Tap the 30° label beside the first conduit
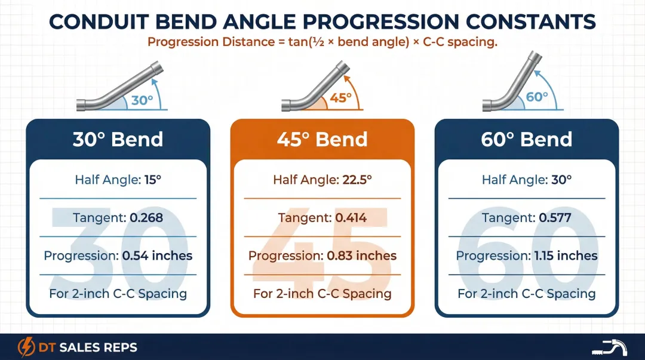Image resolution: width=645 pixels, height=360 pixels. click(x=142, y=100)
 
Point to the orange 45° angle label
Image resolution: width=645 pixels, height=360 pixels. click(x=340, y=98)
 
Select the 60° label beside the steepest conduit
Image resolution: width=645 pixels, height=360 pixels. click(x=537, y=97)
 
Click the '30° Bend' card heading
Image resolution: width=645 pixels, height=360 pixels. click(x=118, y=139)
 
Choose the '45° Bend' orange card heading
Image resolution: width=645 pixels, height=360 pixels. click(x=322, y=139)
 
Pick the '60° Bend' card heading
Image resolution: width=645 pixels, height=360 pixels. click(x=527, y=139)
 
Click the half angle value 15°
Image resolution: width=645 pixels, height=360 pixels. click(x=153, y=180)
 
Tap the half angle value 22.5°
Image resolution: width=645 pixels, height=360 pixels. click(x=356, y=180)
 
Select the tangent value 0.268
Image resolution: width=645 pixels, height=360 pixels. click(x=146, y=218)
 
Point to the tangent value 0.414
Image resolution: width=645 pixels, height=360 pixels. click(x=351, y=218)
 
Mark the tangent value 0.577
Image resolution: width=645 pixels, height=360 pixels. click(x=555, y=218)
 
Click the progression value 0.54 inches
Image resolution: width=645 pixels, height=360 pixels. click(x=157, y=256)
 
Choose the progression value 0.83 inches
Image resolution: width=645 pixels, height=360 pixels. click(x=361, y=256)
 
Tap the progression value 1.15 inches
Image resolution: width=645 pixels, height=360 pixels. click(x=566, y=256)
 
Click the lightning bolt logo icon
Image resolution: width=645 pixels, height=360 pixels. click(x=26, y=347)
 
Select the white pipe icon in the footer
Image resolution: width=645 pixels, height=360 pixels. click(x=610, y=347)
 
